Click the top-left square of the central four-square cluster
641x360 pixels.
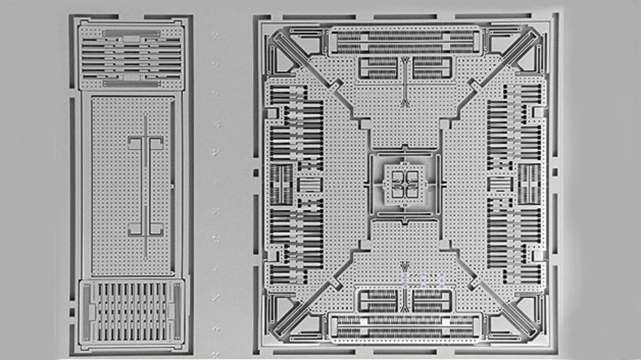point(398,176)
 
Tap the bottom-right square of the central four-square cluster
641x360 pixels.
point(411,191)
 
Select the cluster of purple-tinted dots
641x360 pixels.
point(423,279)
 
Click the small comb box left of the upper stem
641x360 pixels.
point(379,68)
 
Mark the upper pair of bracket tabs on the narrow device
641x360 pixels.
point(145,143)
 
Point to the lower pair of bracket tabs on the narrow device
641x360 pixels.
point(145,229)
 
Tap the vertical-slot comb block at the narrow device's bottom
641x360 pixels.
point(132,312)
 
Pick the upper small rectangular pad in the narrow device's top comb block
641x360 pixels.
point(132,38)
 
